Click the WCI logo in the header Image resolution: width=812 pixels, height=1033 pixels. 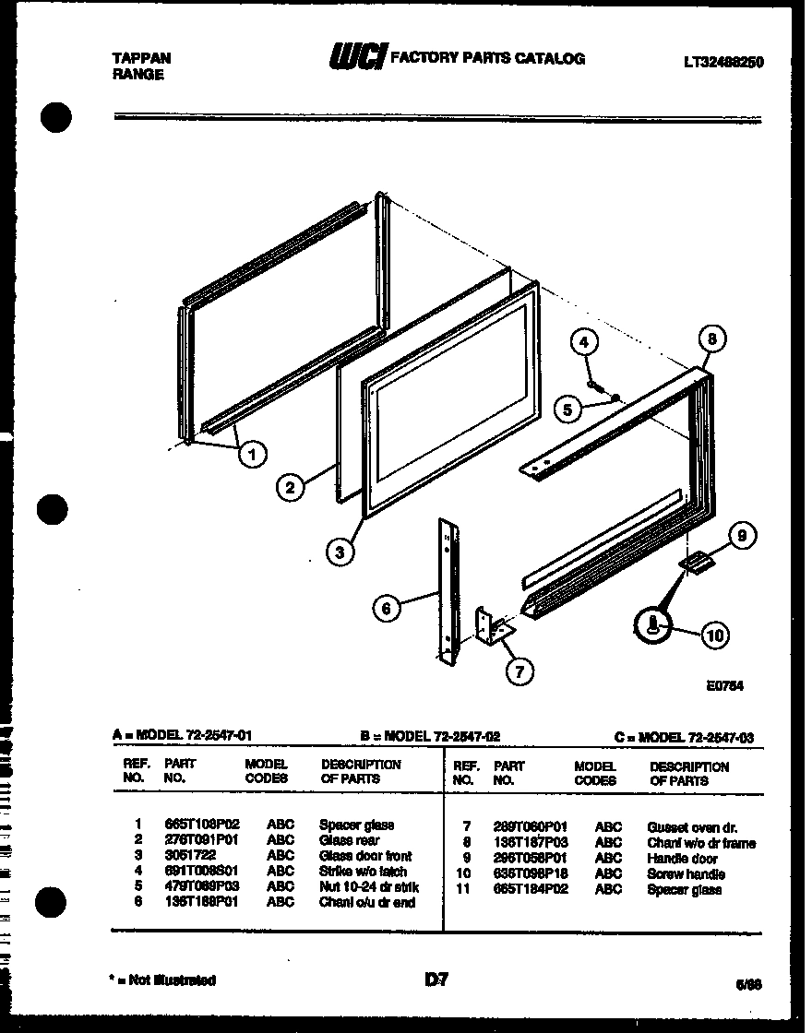click(x=358, y=58)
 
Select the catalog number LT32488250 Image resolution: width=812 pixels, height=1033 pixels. click(x=723, y=63)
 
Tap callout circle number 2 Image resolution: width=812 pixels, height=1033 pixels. click(x=291, y=487)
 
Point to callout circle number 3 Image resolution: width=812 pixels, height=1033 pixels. click(x=340, y=552)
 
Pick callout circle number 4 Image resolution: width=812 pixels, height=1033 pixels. click(x=583, y=343)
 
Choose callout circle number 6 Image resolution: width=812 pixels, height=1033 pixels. click(x=388, y=607)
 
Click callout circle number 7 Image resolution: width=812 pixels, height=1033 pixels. click(x=519, y=671)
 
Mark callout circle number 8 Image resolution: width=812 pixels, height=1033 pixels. click(x=710, y=338)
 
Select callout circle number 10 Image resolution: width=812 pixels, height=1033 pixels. click(x=715, y=635)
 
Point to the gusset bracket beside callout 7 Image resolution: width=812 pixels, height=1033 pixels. click(x=490, y=628)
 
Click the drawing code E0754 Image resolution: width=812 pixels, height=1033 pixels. click(x=724, y=686)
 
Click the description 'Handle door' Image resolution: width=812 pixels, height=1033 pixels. click(x=682, y=859)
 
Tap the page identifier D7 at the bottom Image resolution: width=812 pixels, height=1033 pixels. click(x=436, y=980)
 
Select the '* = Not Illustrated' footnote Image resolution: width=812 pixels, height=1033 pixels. click(x=164, y=980)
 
